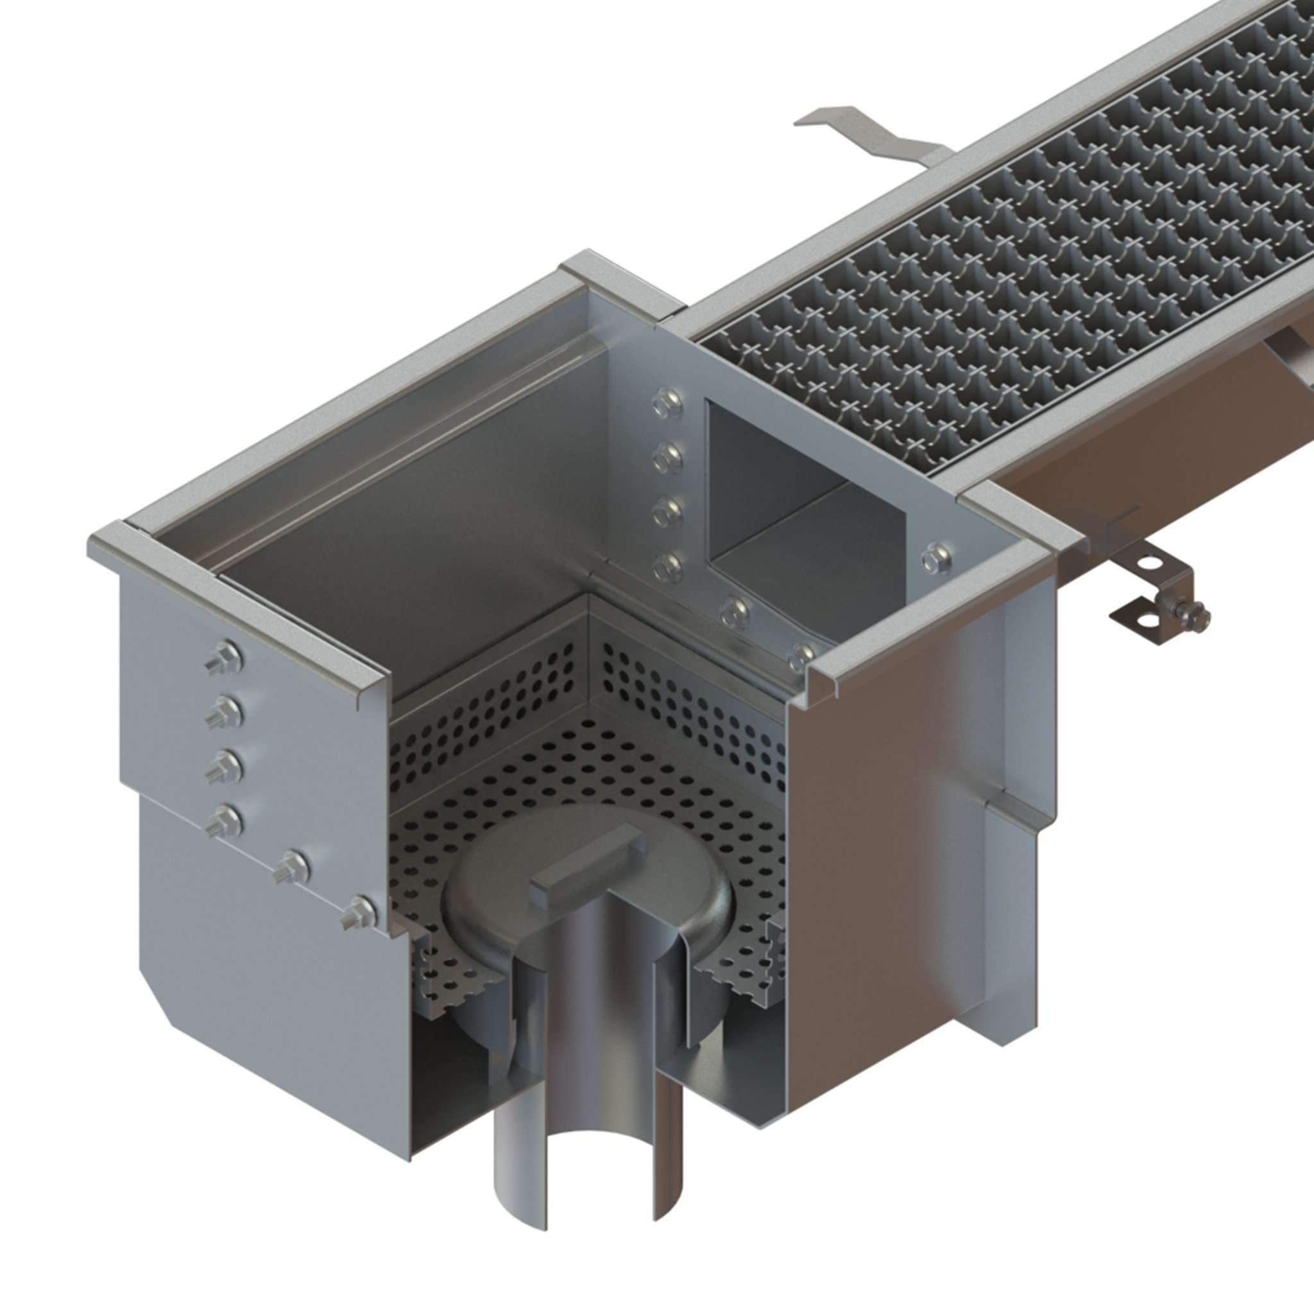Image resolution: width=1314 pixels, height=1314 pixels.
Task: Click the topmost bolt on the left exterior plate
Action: pyautogui.click(x=226, y=656)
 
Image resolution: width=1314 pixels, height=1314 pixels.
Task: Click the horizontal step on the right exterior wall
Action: pyautogui.click(x=1013, y=803)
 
